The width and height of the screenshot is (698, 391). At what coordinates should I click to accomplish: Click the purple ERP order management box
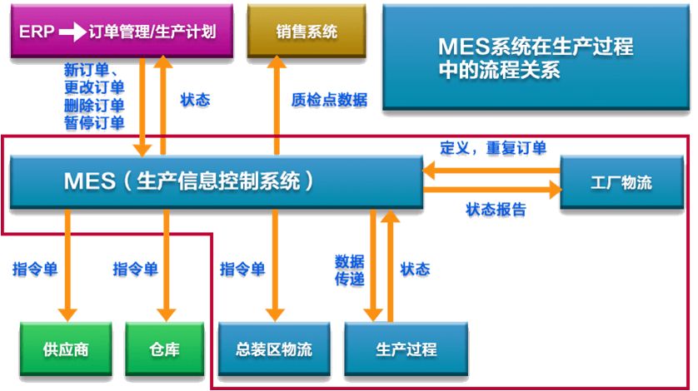click(122, 32)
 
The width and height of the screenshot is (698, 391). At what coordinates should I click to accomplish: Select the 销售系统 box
click(307, 32)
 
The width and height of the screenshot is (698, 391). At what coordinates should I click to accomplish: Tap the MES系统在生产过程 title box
click(535, 58)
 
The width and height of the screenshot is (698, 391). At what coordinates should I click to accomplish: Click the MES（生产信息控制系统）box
click(215, 181)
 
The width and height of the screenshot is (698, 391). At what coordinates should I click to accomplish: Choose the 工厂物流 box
click(621, 182)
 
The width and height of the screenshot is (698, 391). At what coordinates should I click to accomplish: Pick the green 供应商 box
click(66, 348)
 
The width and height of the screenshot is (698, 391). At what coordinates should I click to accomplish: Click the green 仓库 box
click(165, 348)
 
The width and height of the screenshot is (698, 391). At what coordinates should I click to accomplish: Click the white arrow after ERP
click(72, 32)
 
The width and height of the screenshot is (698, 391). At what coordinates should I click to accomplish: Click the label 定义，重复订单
click(493, 148)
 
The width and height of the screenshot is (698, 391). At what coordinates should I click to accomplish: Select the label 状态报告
click(496, 210)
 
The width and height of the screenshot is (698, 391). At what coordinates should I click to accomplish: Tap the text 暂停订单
click(93, 123)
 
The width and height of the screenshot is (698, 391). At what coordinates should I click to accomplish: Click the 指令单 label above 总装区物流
click(242, 269)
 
